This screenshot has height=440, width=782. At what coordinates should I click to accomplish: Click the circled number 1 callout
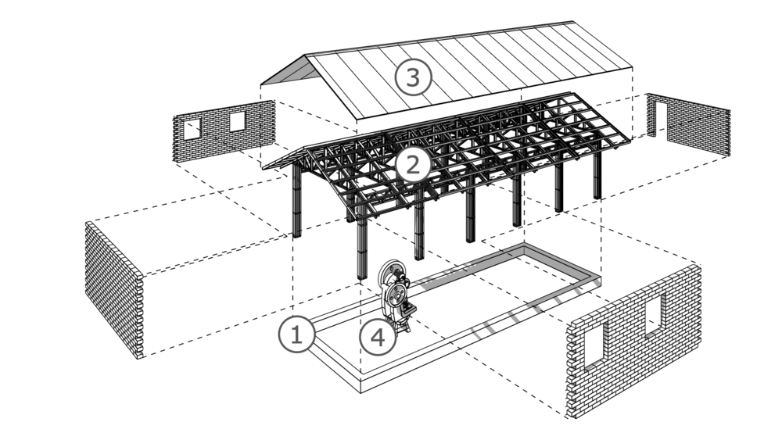click(296, 334)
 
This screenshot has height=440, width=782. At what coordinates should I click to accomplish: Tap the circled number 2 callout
click(413, 164)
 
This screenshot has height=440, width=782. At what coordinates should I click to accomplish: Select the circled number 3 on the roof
click(413, 77)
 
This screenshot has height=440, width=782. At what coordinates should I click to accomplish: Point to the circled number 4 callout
click(378, 337)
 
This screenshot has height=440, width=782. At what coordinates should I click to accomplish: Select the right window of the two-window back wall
click(237, 120)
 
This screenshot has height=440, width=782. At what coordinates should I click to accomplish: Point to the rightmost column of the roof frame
click(597, 174)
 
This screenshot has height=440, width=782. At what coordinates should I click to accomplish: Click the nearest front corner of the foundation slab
click(359, 388)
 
